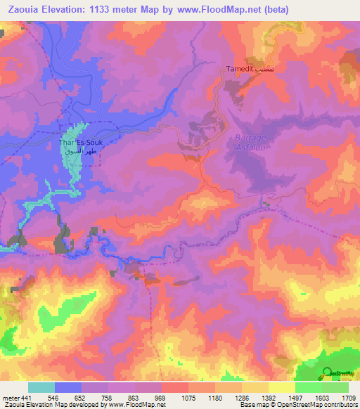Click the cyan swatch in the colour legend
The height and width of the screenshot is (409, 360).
pyautogui.click(x=41, y=387)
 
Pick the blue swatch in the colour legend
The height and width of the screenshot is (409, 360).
pyautogui.click(x=68, y=387)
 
